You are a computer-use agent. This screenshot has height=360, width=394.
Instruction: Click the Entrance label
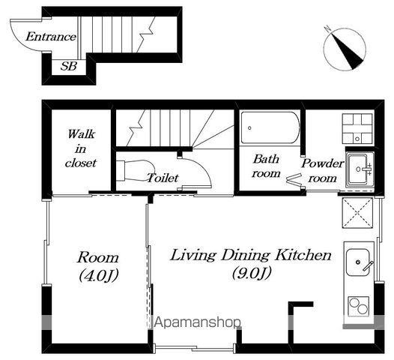pyautogui.click(x=51, y=37)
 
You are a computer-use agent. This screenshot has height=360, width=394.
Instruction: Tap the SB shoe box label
pyautogui.click(x=69, y=67)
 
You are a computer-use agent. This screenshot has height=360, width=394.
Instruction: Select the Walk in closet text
pyautogui.click(x=81, y=148)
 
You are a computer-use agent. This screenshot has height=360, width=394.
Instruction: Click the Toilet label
pyautogui.click(x=163, y=178)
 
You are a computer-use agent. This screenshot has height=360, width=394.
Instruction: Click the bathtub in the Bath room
pyautogui.click(x=270, y=127)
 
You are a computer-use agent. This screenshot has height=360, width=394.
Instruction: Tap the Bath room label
pyautogui.click(x=266, y=166)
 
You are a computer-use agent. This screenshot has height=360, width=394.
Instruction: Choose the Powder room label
pyautogui.click(x=323, y=171)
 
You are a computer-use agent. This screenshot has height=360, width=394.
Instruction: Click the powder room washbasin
pyautogui.click(x=360, y=169)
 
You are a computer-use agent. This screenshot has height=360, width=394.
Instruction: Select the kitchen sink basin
pyautogui.click(x=358, y=262)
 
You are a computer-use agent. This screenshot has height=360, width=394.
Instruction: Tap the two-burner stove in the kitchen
pyautogui.click(x=359, y=306)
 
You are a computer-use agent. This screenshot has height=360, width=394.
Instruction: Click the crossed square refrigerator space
pyautogui.click(x=357, y=213)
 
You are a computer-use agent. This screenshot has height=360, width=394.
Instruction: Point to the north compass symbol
pyautogui.click(x=345, y=49)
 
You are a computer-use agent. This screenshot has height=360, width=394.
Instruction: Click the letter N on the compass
pyautogui.click(x=328, y=28)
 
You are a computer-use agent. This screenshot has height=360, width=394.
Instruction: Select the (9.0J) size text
pyautogui.click(x=251, y=274)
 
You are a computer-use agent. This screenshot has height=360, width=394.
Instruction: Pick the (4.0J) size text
pyautogui.click(x=98, y=276)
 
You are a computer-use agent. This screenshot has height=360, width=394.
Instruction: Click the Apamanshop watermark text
pyautogui.click(x=197, y=322)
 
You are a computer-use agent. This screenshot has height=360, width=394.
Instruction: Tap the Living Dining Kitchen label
pyautogui.click(x=251, y=255)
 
